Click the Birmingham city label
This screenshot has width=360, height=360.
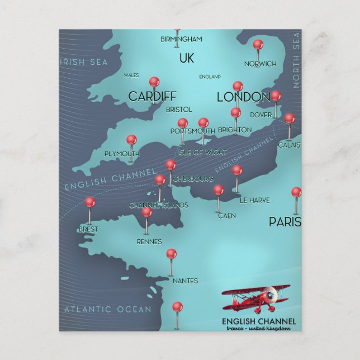click(181, 39)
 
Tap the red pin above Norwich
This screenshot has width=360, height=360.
click(258, 44)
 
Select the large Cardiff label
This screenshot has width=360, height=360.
click(152, 97)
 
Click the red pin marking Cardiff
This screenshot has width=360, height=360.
click(154, 82)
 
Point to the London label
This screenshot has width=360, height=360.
click(243, 97)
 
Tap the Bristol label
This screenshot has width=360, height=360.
click(179, 110)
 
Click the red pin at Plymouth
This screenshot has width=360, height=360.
click(131, 139)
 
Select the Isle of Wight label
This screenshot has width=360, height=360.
click(202, 152)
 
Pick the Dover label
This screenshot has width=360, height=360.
click(260, 115)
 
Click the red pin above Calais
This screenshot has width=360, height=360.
click(289, 119)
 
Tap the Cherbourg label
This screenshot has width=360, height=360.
click(193, 178)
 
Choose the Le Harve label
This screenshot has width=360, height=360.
click(254, 200)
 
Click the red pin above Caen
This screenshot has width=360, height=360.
click(218, 190)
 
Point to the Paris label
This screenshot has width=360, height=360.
click(285, 222)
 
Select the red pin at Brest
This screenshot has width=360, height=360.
click(90, 202)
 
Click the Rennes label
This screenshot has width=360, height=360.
click(149, 241)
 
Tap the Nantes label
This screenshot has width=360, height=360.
click(185, 281)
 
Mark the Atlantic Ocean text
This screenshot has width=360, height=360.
click(107, 309)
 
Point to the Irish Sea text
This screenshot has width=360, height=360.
click(84, 62)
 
